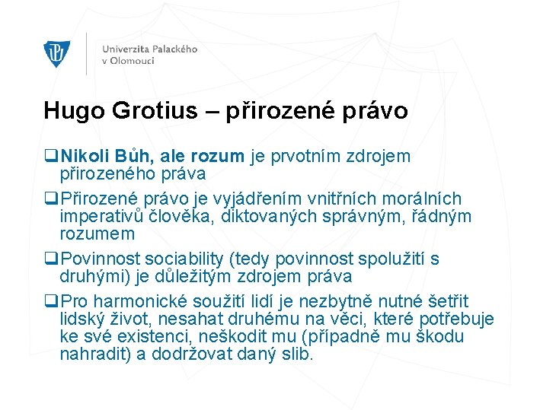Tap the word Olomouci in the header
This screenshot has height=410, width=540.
(134, 61)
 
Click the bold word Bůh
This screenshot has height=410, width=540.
(135, 157)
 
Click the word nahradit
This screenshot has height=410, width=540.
(93, 354)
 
